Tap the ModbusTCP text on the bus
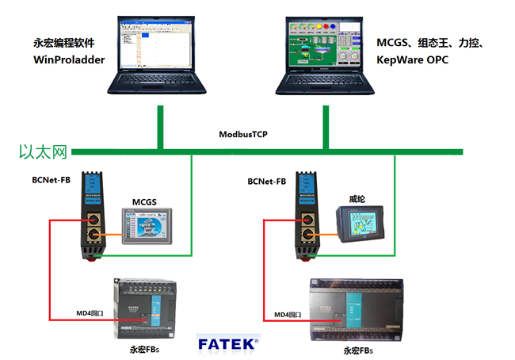[x=243, y=134]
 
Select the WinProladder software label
[x=70, y=59]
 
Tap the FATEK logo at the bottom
[x=227, y=343]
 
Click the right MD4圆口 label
[x=292, y=315]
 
